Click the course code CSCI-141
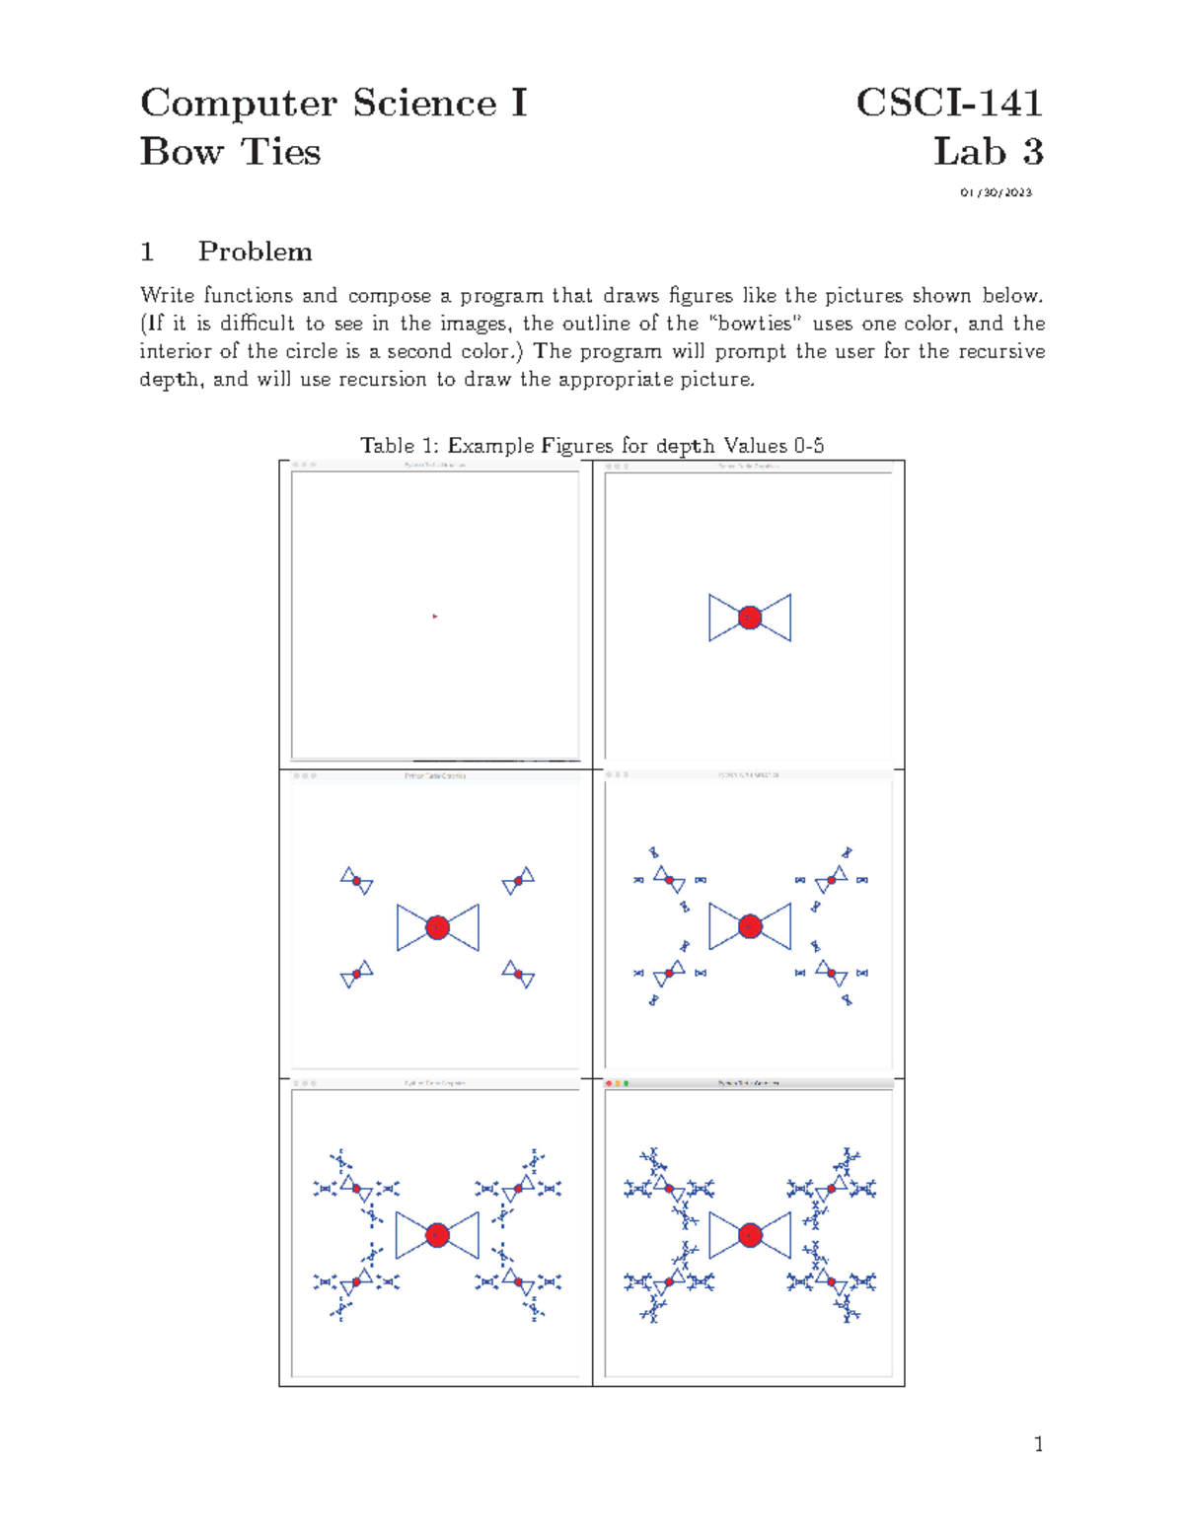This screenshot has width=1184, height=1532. [948, 103]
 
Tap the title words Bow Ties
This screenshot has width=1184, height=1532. [230, 152]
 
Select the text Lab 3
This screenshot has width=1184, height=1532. [988, 152]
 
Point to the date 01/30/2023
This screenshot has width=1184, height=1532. [996, 192]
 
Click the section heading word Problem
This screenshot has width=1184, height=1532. [255, 252]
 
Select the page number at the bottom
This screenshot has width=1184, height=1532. [1038, 1444]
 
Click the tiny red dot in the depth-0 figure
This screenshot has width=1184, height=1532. [434, 617]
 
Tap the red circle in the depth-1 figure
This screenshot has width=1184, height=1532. [750, 618]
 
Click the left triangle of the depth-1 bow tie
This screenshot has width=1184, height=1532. [720, 618]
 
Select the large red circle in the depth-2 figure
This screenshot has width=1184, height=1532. [438, 927]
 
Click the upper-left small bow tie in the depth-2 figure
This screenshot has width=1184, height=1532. [356, 880]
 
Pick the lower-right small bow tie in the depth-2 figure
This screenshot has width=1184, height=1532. [519, 974]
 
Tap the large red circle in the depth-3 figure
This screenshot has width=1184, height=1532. [750, 926]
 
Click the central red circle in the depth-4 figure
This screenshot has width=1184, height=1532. [438, 1235]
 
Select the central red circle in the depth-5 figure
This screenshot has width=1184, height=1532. [750, 1235]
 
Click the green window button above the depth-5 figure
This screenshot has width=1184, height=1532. [626, 1083]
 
